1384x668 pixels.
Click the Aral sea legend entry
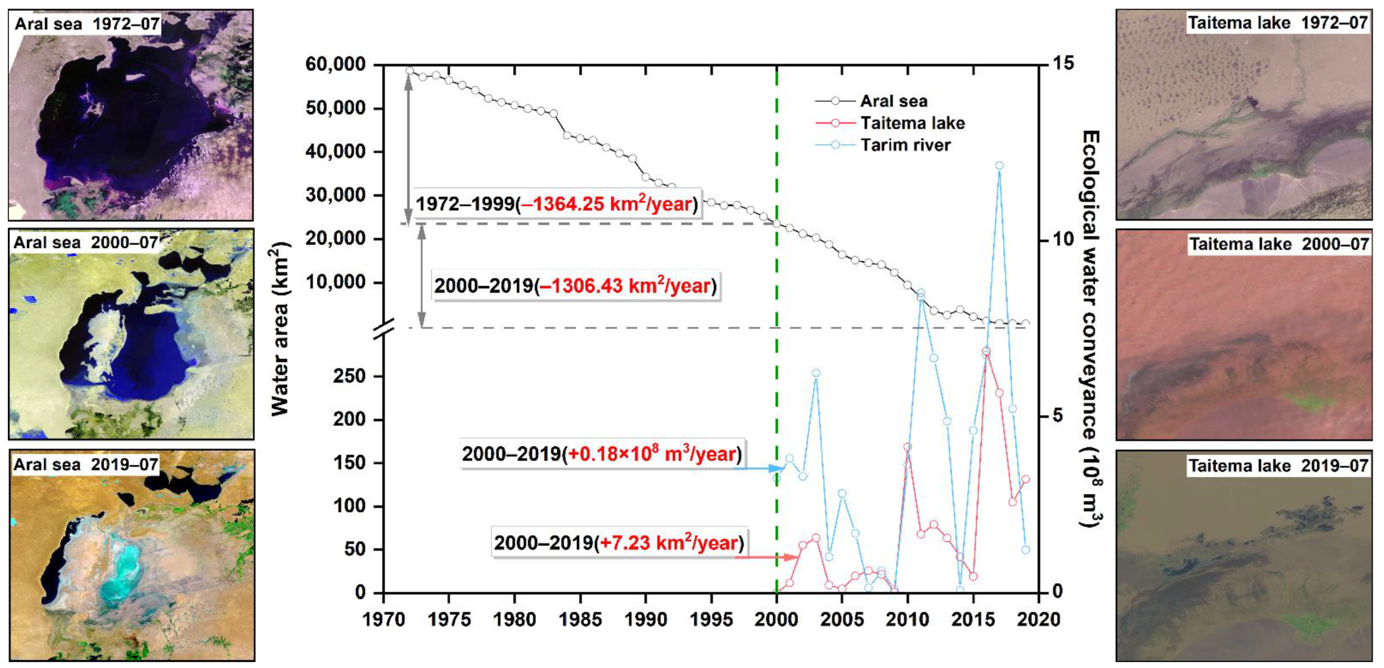pyautogui.click(x=893, y=101)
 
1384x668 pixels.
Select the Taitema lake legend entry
pyautogui.click(x=912, y=123)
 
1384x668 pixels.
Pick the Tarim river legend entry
pyautogui.click(x=905, y=145)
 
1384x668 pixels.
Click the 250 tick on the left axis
pyautogui.click(x=349, y=376)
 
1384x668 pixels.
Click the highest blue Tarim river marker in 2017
pyautogui.click(x=999, y=165)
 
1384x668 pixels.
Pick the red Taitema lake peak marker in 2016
pyautogui.click(x=986, y=351)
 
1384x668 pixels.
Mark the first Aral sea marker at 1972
pyautogui.click(x=409, y=70)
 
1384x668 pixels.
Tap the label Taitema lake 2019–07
pyautogui.click(x=1278, y=465)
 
